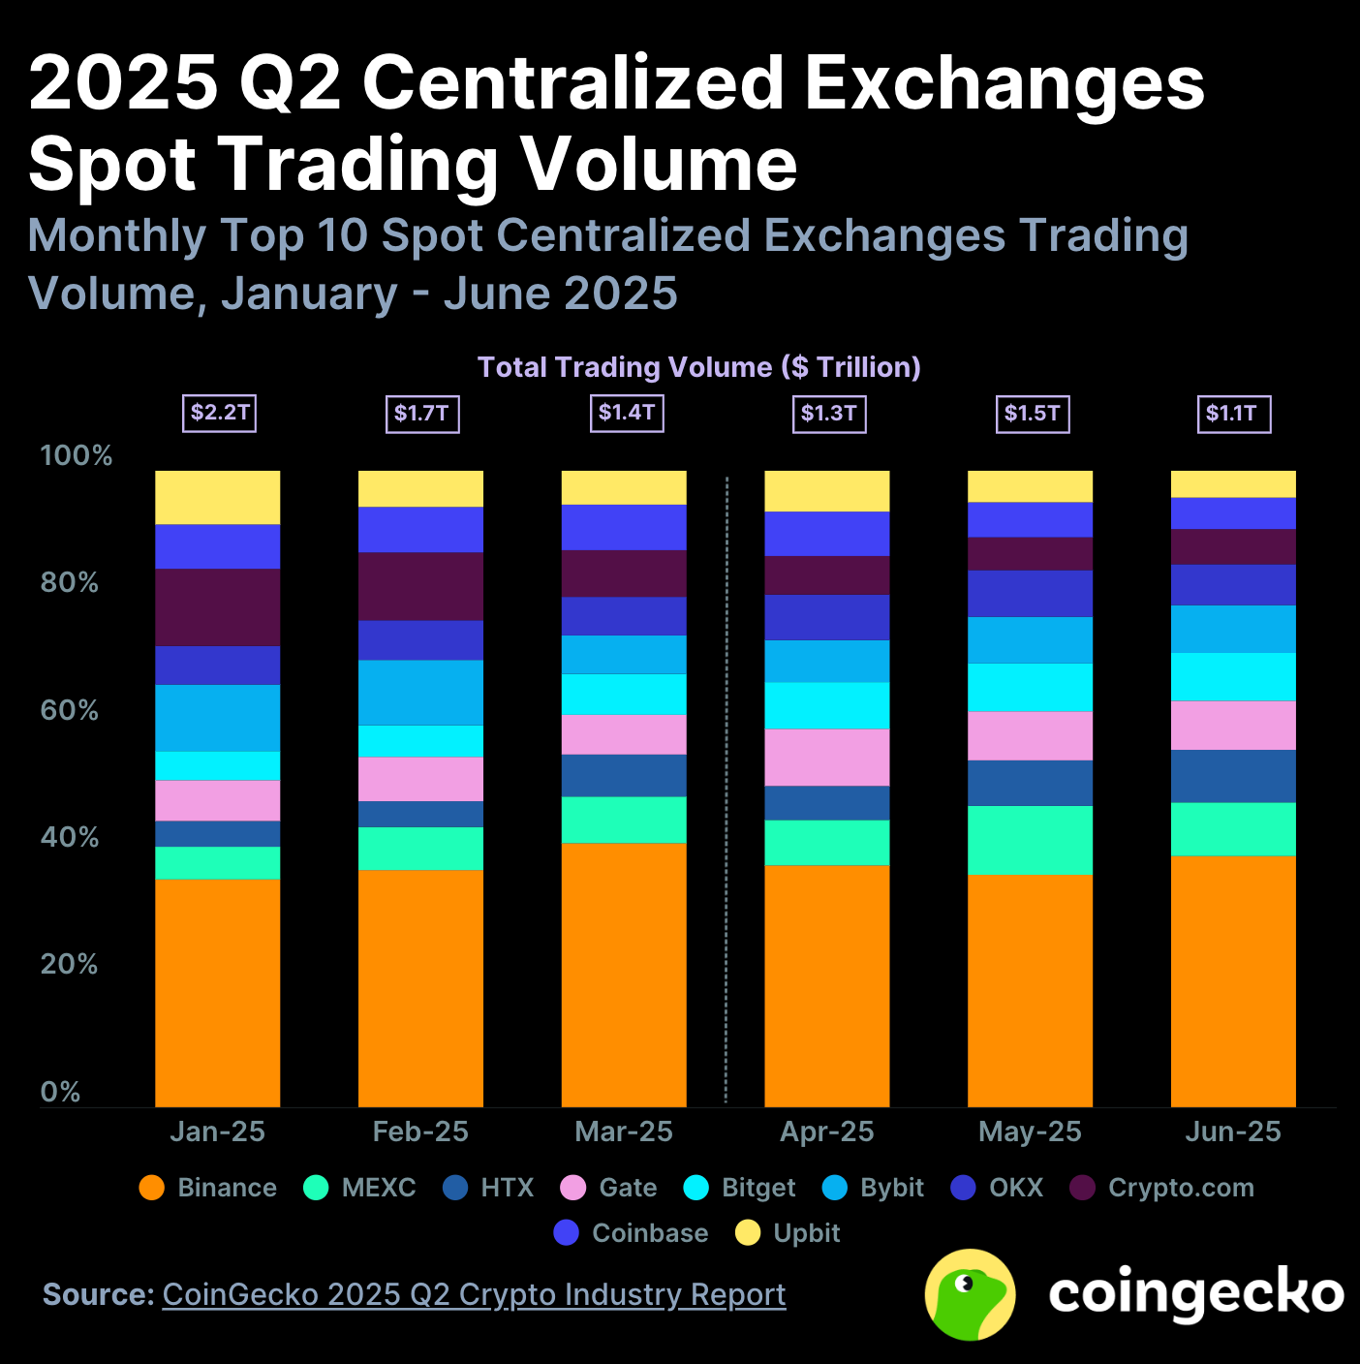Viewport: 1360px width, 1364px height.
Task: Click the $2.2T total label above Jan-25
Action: click(220, 414)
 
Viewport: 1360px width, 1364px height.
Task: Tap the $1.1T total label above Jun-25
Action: click(1233, 414)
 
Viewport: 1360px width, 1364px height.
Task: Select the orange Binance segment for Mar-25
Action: click(624, 974)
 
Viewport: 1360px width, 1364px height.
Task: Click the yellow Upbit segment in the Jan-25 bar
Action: click(218, 497)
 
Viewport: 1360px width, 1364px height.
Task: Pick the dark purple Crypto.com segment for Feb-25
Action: click(420, 586)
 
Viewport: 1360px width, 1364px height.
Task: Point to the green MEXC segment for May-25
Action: click(1030, 840)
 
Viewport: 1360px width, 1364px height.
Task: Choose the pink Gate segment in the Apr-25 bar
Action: click(826, 757)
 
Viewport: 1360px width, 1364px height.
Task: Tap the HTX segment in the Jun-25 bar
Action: click(1233, 776)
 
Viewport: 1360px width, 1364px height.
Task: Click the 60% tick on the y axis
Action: click(69, 710)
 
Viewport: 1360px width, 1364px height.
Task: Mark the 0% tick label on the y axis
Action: click(60, 1092)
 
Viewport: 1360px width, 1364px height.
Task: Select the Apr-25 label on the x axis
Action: click(826, 1131)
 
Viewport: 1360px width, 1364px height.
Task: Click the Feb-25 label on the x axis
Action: click(420, 1131)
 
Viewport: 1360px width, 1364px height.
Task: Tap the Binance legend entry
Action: click(208, 1188)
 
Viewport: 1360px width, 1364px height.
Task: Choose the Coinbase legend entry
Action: click(632, 1233)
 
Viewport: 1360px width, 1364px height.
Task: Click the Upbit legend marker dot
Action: click(748, 1233)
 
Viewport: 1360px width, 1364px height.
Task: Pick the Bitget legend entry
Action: click(740, 1188)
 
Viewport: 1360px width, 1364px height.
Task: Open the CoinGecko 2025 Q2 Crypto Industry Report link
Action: click(474, 1294)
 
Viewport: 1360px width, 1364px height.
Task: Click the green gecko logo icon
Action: click(970, 1294)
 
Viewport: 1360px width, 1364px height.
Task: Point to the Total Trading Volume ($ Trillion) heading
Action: click(698, 367)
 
